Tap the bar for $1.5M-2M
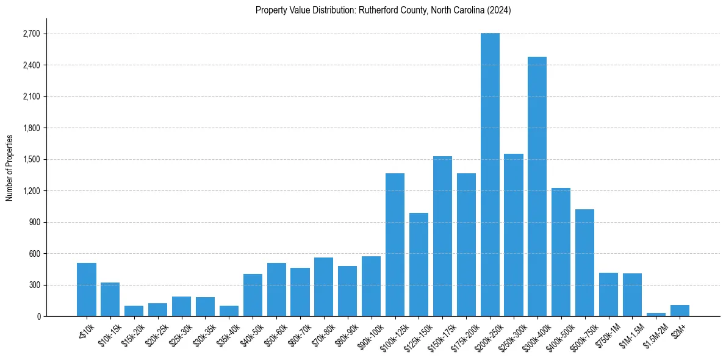click(x=656, y=314)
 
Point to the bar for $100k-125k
click(x=395, y=245)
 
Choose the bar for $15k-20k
click(x=134, y=311)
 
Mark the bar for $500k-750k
click(x=584, y=262)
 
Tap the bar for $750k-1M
click(x=608, y=294)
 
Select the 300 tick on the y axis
click(x=34, y=285)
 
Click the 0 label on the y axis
click(x=38, y=316)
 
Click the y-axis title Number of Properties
click(x=10, y=168)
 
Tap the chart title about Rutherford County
click(x=383, y=10)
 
